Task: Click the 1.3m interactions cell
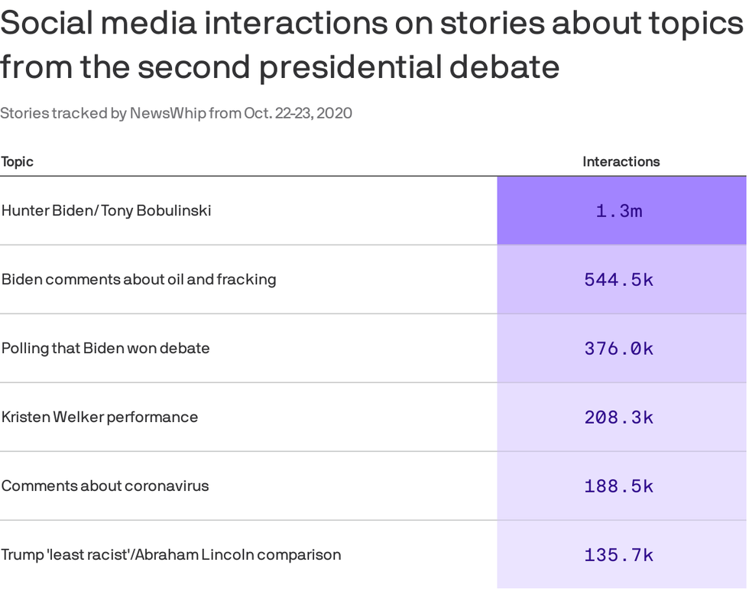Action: (619, 211)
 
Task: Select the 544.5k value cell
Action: (619, 280)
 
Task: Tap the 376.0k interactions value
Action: (619, 349)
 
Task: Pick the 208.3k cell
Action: (619, 417)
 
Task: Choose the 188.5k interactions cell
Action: (619, 486)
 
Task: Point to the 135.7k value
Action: (619, 555)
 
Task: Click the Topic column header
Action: (17, 162)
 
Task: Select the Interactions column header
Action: (621, 162)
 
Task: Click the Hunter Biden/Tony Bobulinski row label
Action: (106, 210)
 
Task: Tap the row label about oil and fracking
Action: (138, 279)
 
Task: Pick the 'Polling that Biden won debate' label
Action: (105, 348)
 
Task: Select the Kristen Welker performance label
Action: (99, 417)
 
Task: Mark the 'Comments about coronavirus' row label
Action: (105, 485)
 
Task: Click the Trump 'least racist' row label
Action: (171, 554)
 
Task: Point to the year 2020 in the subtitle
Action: (334, 114)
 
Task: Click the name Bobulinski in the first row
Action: (173, 210)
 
